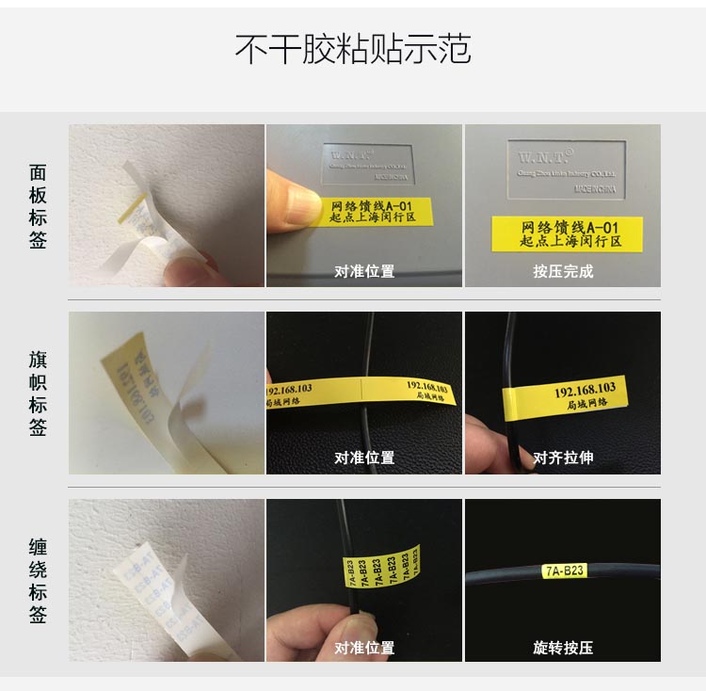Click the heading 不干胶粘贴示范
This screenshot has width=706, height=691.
[352, 49]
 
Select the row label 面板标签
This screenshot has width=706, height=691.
[38, 206]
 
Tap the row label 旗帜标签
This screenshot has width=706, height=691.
[38, 394]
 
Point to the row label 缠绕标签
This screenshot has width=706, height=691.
[38, 581]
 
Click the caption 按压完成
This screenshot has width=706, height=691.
[563, 271]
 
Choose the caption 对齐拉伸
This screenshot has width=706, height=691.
[563, 458]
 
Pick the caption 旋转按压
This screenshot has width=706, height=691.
[563, 647]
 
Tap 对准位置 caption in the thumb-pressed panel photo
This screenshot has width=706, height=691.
[364, 271]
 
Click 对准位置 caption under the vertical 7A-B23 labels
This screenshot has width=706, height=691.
[364, 647]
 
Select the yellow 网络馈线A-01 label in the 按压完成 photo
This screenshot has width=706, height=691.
[568, 234]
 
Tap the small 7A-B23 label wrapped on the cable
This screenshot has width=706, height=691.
[564, 570]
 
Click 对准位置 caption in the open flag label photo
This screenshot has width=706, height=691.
[364, 458]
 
